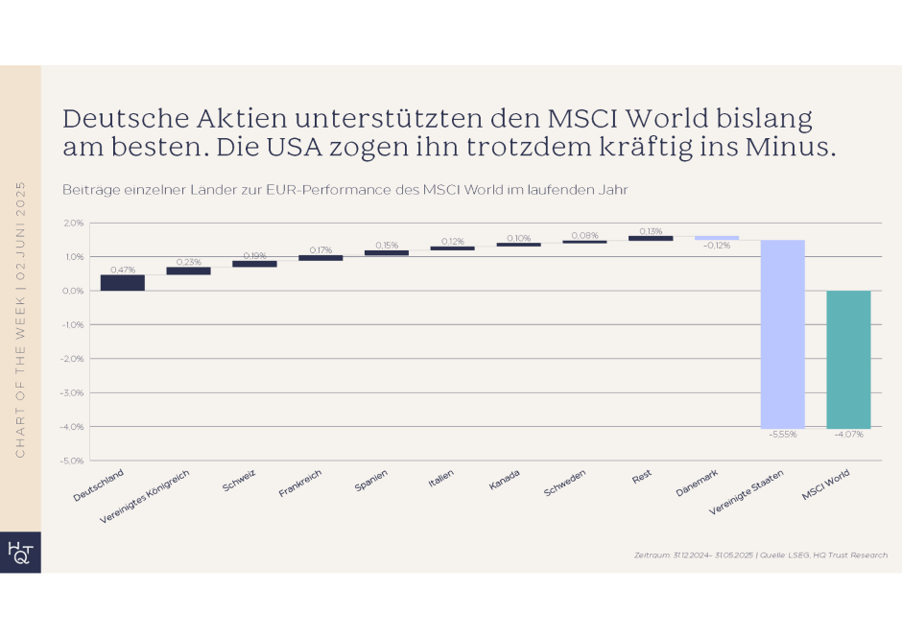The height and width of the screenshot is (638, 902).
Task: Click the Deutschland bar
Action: point(122,282)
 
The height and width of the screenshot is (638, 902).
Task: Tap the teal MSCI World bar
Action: point(848,359)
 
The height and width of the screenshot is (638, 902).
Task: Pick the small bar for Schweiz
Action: point(254,264)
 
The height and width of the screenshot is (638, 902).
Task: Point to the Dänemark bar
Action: point(717,238)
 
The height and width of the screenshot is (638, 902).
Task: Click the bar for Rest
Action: point(651,238)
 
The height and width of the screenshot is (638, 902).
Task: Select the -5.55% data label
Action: point(782,435)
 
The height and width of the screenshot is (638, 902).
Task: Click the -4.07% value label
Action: point(848,435)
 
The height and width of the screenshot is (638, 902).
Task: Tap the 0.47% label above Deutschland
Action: point(122,270)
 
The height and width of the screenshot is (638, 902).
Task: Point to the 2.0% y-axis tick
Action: point(73,223)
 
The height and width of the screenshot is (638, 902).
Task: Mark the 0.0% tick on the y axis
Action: point(73,291)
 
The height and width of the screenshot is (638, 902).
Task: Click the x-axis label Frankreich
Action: point(300,483)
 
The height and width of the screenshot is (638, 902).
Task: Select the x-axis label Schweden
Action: point(565,482)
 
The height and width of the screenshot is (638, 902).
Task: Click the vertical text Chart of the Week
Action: point(20,317)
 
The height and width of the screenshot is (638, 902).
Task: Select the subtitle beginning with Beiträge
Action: point(344,189)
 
